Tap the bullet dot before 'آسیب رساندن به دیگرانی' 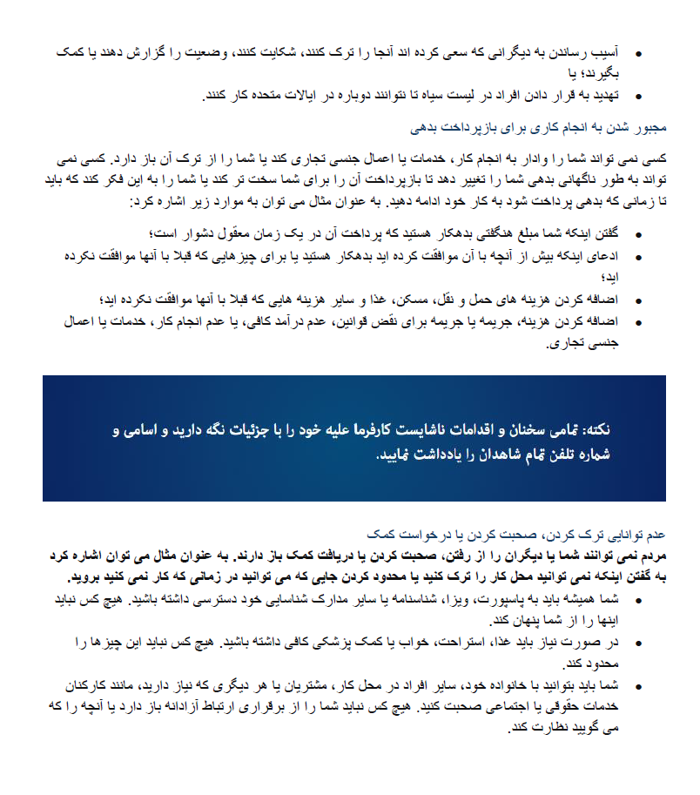[x=640, y=54]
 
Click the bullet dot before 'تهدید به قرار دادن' [x=640, y=97]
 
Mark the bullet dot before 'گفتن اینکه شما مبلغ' [x=640, y=235]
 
